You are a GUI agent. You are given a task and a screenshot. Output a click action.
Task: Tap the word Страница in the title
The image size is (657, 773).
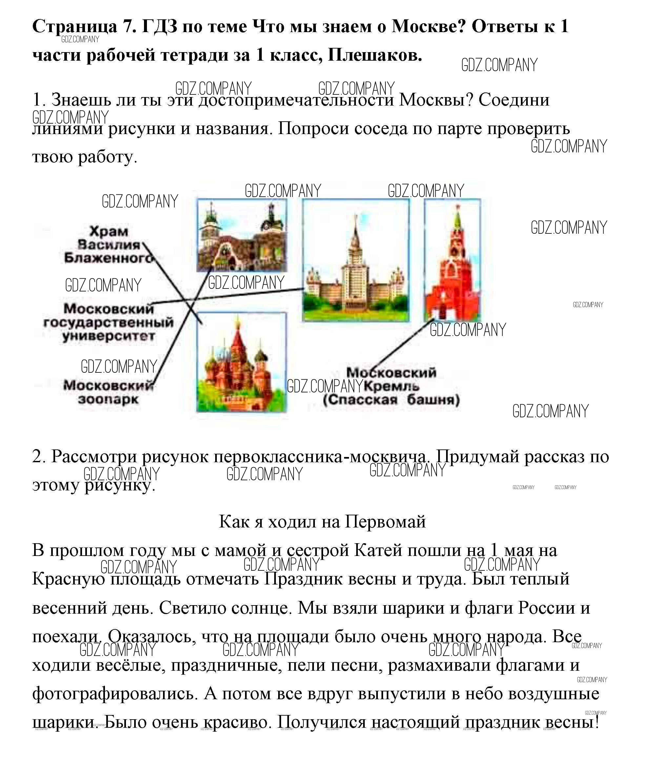point(74,26)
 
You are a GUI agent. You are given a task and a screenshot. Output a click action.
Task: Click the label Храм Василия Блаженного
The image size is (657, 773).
point(108,245)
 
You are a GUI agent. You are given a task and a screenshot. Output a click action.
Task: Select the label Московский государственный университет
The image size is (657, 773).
point(108,322)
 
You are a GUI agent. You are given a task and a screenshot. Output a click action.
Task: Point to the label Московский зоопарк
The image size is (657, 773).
point(108,392)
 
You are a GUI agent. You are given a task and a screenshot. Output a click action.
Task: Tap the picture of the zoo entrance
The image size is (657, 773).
point(242,235)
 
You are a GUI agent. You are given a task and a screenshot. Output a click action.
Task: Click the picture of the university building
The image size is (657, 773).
point(355,260)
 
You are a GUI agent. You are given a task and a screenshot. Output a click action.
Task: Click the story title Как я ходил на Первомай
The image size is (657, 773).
point(322,522)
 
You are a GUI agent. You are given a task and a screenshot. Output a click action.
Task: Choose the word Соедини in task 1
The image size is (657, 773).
point(514,100)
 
